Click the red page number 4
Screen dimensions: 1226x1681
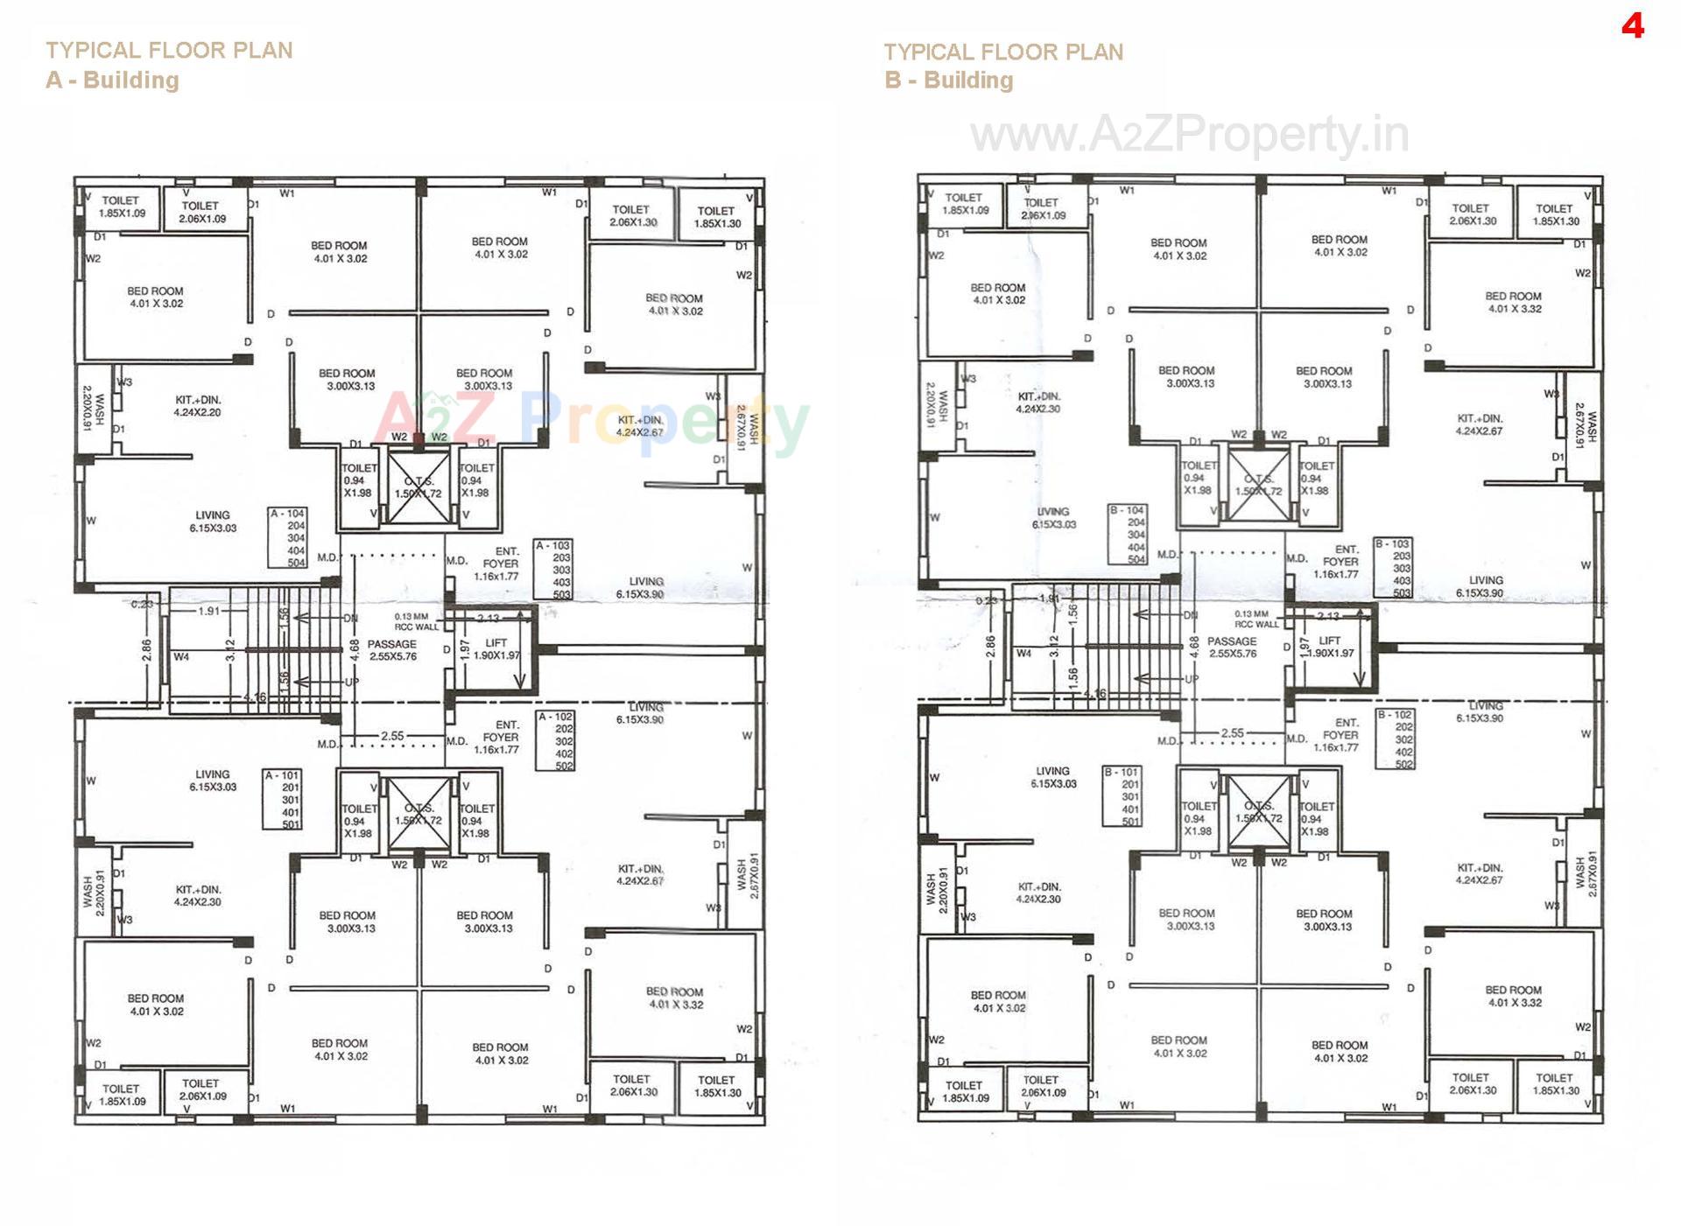point(1632,26)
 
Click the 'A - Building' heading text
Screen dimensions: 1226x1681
point(112,81)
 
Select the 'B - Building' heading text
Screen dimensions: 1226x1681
point(948,81)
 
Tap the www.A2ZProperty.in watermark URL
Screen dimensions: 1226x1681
point(1189,136)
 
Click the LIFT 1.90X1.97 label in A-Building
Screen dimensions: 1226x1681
point(496,648)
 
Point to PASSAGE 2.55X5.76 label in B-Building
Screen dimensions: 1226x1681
point(1232,648)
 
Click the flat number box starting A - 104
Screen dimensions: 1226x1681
point(287,537)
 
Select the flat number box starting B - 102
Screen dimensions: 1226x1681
point(1395,739)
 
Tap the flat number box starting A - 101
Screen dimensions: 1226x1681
point(282,799)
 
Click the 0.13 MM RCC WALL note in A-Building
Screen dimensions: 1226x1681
point(416,621)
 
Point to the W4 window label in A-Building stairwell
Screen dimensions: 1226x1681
point(181,656)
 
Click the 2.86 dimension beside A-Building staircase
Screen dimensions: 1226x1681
point(146,649)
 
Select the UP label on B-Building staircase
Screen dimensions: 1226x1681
point(1192,679)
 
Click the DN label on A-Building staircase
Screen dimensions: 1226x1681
point(350,618)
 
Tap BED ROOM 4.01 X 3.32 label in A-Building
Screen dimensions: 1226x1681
point(674,998)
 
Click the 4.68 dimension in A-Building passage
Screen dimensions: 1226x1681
point(355,649)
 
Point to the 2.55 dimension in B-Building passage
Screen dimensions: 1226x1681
point(1232,733)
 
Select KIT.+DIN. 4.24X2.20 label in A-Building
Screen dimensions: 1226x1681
point(197,406)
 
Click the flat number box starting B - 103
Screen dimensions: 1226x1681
point(1393,568)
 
